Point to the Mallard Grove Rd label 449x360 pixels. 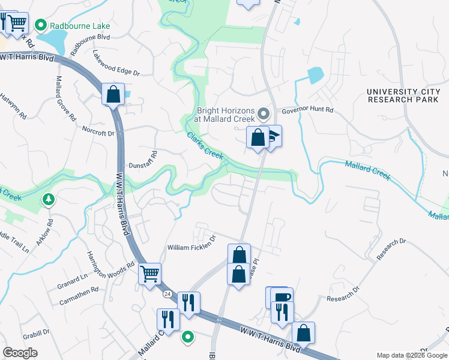click(x=66, y=96)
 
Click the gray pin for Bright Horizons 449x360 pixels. click(x=263, y=113)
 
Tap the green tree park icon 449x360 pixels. click(x=47, y=200)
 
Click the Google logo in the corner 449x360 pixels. click(x=20, y=352)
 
